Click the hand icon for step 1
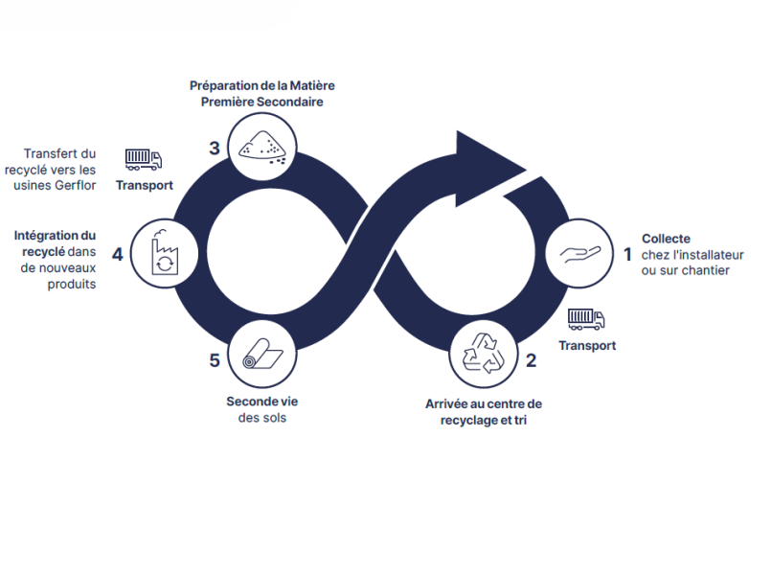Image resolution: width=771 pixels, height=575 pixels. point(579,254)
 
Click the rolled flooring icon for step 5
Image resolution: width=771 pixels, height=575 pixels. point(261,354)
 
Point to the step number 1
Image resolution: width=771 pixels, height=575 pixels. point(627,255)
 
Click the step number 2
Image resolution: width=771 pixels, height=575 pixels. point(531,361)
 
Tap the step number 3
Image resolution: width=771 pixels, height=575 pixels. point(215,148)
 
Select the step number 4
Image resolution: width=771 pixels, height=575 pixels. point(117,255)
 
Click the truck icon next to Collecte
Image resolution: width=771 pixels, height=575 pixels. point(586,318)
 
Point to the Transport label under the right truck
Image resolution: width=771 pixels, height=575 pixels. point(587,345)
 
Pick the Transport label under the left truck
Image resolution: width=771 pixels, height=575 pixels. point(145,185)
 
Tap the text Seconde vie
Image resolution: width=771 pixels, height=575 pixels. point(261,402)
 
